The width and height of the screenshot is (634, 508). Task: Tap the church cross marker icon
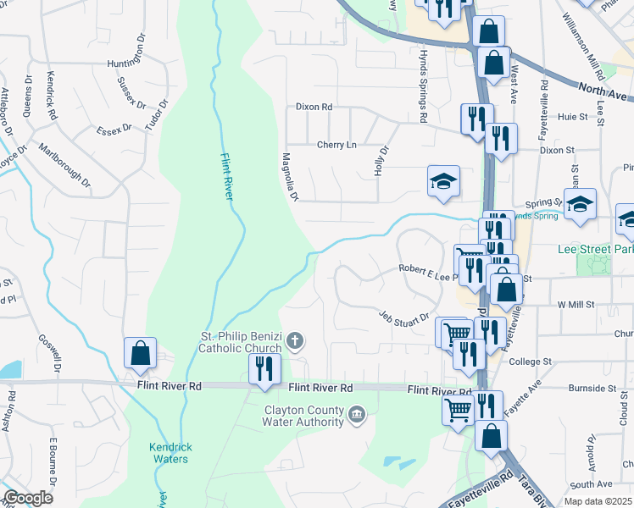click(295, 341)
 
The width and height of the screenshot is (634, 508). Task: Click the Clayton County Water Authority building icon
click(357, 414)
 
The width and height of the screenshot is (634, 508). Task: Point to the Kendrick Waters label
click(169, 453)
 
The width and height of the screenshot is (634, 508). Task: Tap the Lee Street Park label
click(596, 250)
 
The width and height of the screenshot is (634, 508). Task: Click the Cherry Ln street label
click(336, 145)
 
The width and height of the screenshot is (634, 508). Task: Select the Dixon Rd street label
click(314, 108)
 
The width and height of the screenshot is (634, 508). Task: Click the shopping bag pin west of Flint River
click(139, 354)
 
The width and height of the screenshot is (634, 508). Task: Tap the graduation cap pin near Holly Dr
click(442, 181)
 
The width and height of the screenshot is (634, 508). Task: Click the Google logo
click(28, 498)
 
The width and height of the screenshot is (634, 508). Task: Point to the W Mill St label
click(576, 304)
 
